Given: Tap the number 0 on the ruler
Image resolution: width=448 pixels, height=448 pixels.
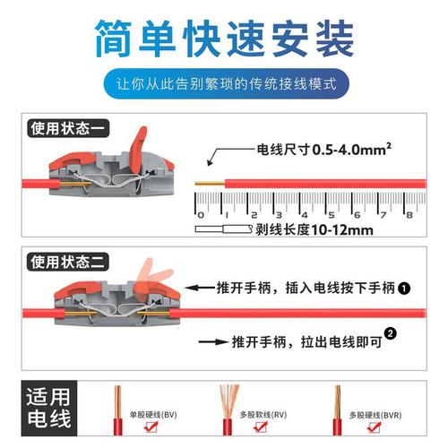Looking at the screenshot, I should (x=201, y=215).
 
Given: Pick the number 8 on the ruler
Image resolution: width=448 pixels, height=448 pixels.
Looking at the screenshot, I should (x=409, y=215).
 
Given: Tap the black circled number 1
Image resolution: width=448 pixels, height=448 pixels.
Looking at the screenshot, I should (x=404, y=289).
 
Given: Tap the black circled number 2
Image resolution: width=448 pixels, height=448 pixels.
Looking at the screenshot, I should (x=390, y=337).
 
